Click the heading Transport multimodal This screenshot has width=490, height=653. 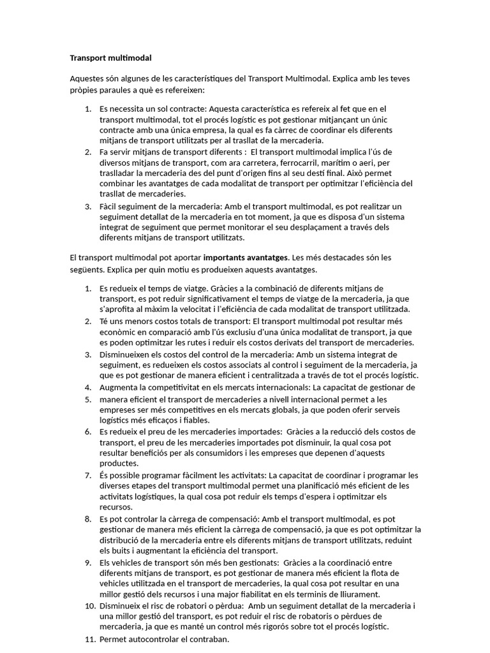click(x=110, y=58)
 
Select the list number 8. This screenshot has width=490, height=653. click(x=89, y=519)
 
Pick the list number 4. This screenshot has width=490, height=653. click(x=89, y=387)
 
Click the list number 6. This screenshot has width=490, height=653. click(x=89, y=432)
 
